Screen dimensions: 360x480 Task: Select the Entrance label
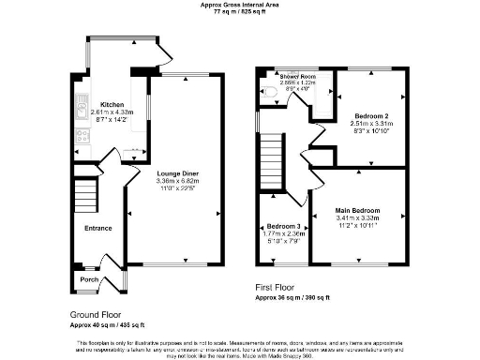pyautogui.click(x=98, y=228)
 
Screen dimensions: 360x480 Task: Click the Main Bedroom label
pyautogui.click(x=357, y=210)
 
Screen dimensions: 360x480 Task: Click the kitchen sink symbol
pyautogui.click(x=82, y=116)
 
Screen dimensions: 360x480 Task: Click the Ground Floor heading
pyautogui.click(x=96, y=314)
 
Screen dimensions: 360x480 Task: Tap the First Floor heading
pyautogui.click(x=278, y=287)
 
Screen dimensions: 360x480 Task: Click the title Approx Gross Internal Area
pyautogui.click(x=239, y=5)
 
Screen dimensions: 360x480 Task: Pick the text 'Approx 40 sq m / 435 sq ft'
pyautogui.click(x=106, y=324)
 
